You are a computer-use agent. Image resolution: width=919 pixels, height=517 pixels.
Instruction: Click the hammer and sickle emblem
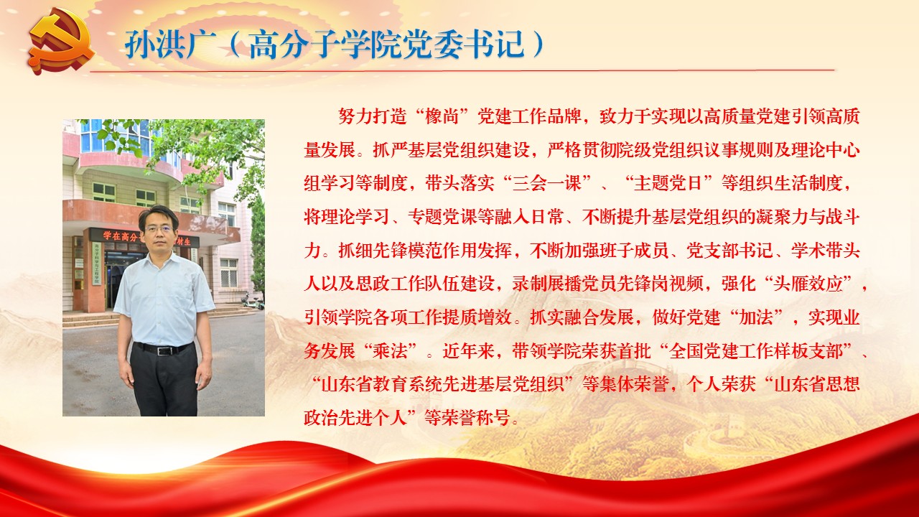click(x=62, y=42)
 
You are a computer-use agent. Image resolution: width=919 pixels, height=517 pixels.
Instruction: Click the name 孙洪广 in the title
click(x=171, y=44)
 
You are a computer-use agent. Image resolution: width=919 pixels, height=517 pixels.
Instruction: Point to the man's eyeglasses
click(x=158, y=229)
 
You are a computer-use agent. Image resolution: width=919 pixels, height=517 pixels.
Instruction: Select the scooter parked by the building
click(x=252, y=302)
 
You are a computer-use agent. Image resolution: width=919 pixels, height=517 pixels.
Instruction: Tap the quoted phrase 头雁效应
click(x=808, y=284)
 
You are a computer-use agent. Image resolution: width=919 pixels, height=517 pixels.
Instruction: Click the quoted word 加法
click(x=756, y=317)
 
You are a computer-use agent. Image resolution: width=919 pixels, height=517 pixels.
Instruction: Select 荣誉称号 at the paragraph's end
click(x=476, y=418)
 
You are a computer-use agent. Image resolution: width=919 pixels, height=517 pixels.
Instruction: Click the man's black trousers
click(x=165, y=380)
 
